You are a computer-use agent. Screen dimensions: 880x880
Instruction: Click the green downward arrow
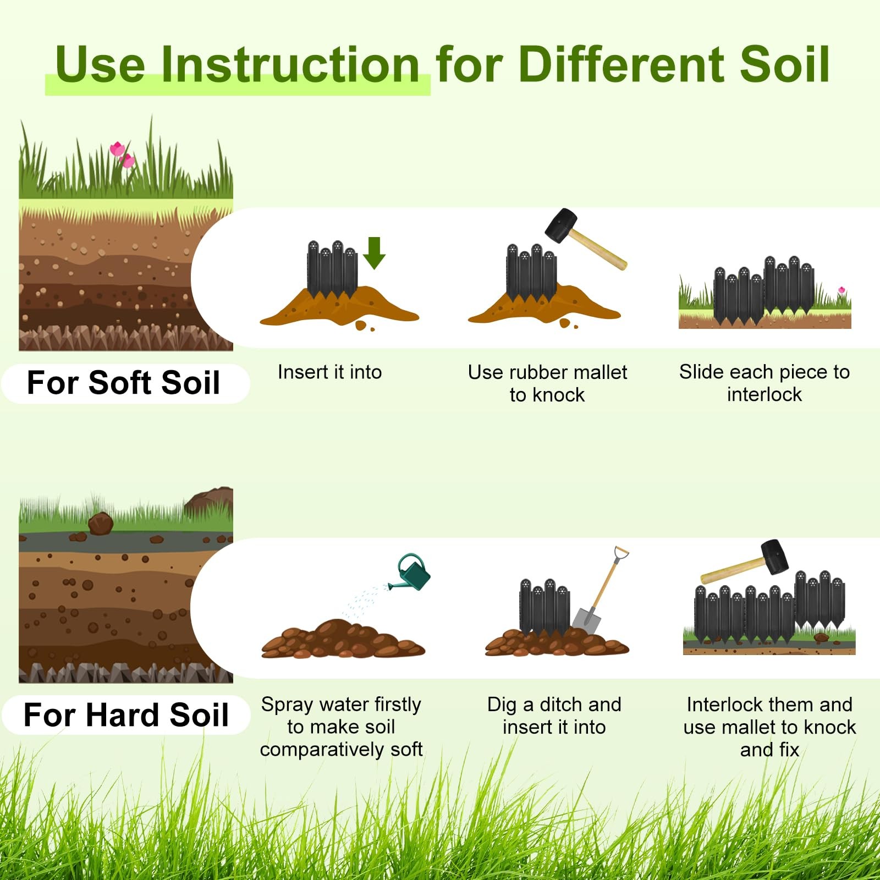[374, 252]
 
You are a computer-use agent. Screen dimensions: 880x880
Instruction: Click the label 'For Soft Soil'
[124, 383]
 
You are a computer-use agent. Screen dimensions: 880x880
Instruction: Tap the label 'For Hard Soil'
[126, 715]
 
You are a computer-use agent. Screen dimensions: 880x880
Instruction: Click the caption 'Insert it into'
[329, 372]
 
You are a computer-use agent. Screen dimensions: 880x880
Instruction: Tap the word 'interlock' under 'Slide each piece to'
[764, 394]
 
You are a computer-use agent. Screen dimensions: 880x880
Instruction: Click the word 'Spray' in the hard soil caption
[288, 705]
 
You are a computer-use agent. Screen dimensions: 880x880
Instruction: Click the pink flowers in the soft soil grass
[122, 155]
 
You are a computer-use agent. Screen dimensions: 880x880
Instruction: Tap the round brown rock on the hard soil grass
[101, 523]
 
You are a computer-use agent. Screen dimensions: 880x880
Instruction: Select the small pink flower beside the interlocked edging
[841, 290]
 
